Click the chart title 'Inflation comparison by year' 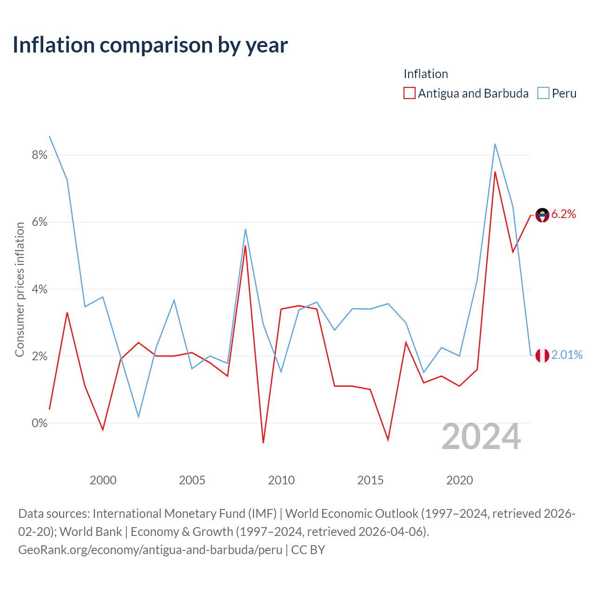click(x=150, y=45)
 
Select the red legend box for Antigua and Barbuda click(x=409, y=93)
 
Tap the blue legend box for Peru click(x=543, y=93)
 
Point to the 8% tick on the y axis click(x=40, y=155)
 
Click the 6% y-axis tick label click(x=40, y=222)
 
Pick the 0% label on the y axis click(x=40, y=423)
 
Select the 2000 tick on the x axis click(x=103, y=480)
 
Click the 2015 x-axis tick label click(x=370, y=480)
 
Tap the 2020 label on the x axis click(x=459, y=480)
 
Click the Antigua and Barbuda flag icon click(x=542, y=215)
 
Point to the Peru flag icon click(x=542, y=356)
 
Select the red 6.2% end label click(x=563, y=214)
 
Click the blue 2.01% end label click(x=567, y=355)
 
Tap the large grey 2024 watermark click(x=481, y=437)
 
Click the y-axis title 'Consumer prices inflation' click(x=20, y=289)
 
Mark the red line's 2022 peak click(x=495, y=172)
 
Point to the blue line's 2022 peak click(x=495, y=144)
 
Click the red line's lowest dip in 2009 click(x=263, y=443)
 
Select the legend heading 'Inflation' click(x=426, y=74)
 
